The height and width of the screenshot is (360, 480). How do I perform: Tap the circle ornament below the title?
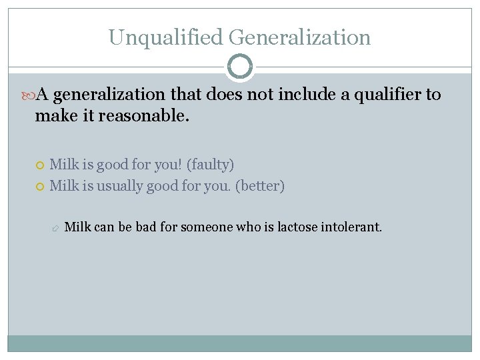[x=240, y=67]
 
